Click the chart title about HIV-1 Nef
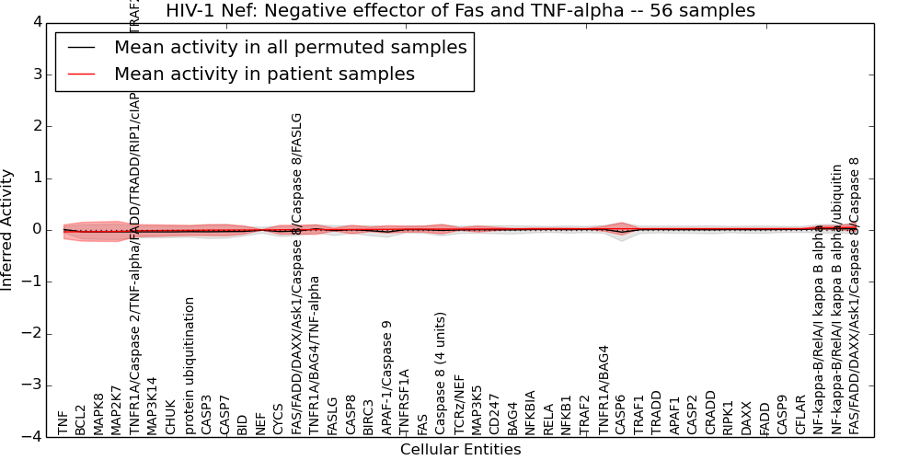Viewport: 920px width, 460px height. (x=460, y=11)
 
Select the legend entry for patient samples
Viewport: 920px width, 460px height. (x=264, y=74)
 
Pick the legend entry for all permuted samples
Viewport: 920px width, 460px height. (x=290, y=48)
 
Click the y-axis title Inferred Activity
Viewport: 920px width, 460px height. (x=8, y=230)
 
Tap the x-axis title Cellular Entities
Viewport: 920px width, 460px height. (x=460, y=450)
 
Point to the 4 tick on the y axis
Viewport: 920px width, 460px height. (x=38, y=22)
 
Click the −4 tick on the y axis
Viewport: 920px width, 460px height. (x=33, y=437)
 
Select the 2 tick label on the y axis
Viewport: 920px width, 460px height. (x=38, y=126)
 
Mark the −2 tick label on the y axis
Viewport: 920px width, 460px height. (x=33, y=334)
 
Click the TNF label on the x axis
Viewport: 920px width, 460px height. (x=63, y=423)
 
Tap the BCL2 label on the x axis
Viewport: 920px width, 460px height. (x=81, y=419)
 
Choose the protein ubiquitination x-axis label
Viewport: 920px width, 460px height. (x=190, y=365)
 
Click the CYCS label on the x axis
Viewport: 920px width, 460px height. (x=279, y=419)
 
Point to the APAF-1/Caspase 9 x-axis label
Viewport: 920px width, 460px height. (x=387, y=376)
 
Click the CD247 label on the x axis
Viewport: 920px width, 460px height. (x=495, y=416)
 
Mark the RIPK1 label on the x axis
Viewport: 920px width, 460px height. (x=729, y=418)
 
